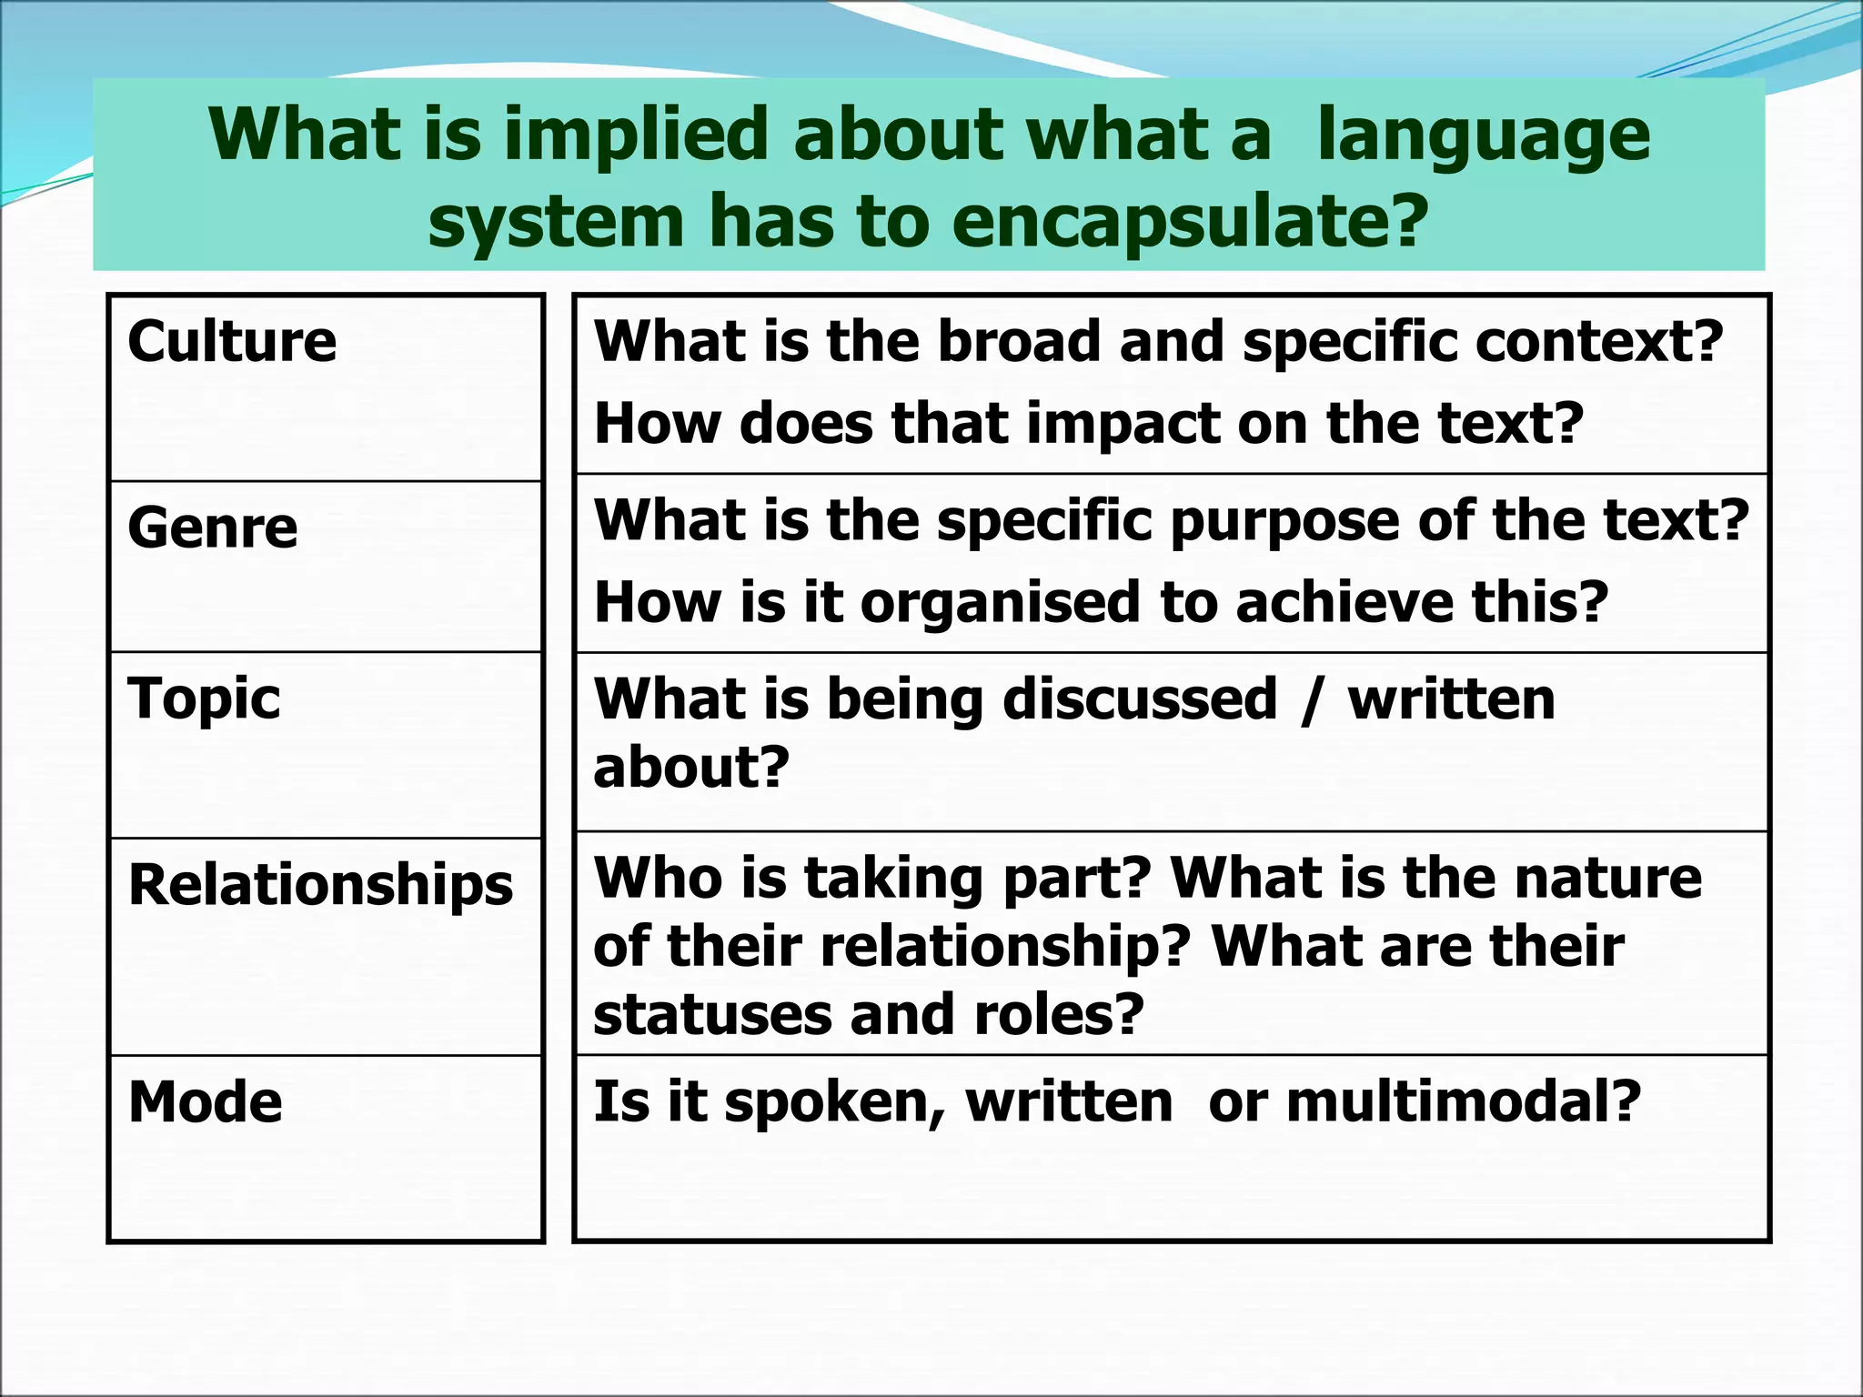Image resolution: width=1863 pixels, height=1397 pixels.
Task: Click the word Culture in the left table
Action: point(232,342)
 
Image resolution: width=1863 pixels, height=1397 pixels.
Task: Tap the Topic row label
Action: point(205,699)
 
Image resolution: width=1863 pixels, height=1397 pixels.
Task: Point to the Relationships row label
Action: point(321,886)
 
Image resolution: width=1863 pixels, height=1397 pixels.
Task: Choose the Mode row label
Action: point(206,1102)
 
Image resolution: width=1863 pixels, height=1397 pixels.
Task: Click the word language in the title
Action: point(1483,136)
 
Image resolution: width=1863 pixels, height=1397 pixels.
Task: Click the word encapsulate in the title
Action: point(1173,222)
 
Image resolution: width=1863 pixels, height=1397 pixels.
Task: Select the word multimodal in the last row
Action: point(1463,1102)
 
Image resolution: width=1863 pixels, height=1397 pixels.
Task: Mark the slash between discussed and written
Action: point(1311,701)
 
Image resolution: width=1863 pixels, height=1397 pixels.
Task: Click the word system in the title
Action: point(556,222)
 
